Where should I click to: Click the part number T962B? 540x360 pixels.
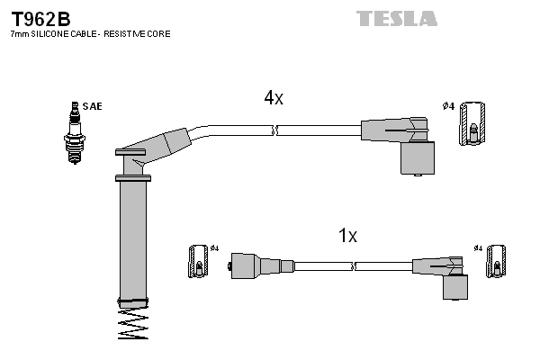tap(40, 18)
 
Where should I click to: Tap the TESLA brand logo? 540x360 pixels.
tap(396, 18)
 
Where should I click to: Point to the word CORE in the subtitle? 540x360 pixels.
tap(157, 34)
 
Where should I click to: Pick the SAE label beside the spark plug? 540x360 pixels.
tap(92, 106)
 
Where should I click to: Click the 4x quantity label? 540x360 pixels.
tap(274, 99)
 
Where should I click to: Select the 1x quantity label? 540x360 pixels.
tap(347, 236)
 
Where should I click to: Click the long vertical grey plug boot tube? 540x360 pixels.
tap(133, 238)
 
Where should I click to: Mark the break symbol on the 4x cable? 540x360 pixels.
tap(275, 131)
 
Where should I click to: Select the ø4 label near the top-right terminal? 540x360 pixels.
tap(447, 106)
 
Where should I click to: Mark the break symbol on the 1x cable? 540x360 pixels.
tap(354, 266)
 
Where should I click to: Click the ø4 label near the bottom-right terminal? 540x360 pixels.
tap(478, 247)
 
